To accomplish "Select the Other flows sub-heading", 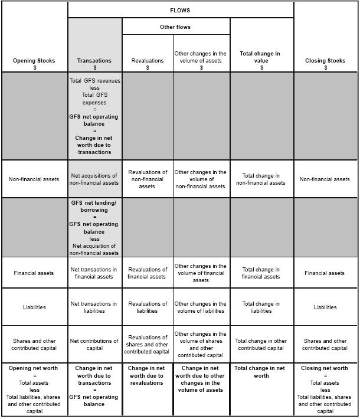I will [175, 27].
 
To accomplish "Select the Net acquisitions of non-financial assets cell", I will [94, 179].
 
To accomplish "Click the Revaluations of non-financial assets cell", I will [147, 179].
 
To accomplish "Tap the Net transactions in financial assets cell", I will [94, 273].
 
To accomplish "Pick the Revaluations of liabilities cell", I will [147, 307].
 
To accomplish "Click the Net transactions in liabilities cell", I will [94, 307].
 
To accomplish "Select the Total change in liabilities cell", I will [261, 307].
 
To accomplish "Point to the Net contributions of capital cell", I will [94, 344].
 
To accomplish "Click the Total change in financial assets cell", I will [261, 273].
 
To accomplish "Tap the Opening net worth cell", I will [34, 389].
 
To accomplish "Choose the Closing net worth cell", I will [325, 389].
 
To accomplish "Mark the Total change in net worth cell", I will [261, 372].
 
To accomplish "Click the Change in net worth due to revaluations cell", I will [147, 375].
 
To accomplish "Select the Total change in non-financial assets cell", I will [261, 179].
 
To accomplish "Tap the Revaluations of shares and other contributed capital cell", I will [147, 345].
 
